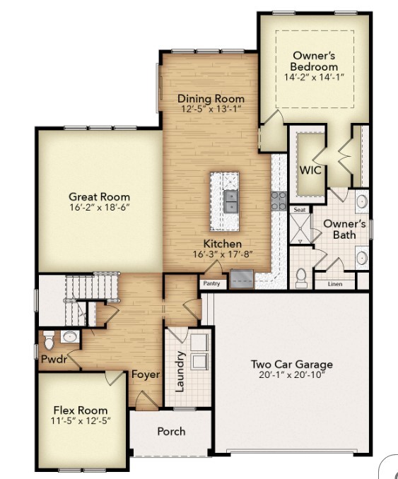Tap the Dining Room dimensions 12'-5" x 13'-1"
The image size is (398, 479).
tap(211, 110)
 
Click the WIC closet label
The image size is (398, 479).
tap(310, 171)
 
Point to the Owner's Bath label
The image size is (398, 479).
tap(344, 229)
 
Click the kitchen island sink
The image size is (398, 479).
tap(230, 201)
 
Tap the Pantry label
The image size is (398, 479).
tap(211, 283)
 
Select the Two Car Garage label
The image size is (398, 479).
tap(291, 365)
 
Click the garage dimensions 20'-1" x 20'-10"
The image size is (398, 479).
tap(291, 374)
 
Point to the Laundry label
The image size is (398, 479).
tap(180, 372)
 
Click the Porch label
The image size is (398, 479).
tap(171, 431)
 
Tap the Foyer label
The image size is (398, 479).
tap(146, 374)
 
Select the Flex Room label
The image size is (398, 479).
tap(81, 410)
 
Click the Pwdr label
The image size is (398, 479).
tap(54, 359)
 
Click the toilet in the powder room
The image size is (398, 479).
tap(49, 341)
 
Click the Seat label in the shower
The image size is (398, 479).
tap(300, 210)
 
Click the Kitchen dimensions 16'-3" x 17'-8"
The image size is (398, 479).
tap(223, 255)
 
